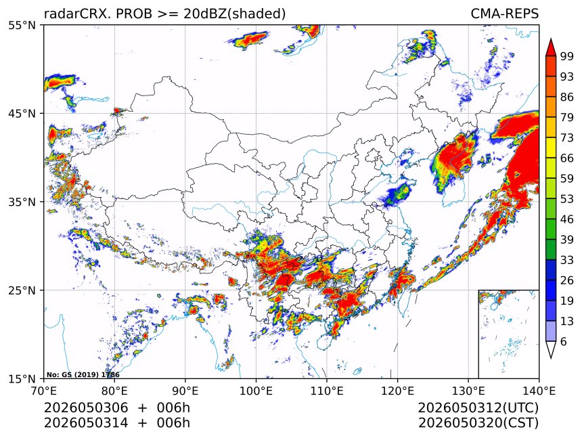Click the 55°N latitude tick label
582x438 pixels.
(21, 25)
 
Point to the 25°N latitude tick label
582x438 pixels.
(21, 290)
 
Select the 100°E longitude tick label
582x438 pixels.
(256, 391)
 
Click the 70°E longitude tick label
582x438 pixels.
(44, 391)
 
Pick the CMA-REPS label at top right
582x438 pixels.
(504, 14)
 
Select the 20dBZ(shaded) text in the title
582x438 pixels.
(235, 14)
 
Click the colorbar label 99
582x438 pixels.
(567, 56)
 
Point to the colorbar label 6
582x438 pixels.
(564, 341)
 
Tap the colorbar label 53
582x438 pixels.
(567, 199)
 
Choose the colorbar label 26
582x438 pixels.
(567, 280)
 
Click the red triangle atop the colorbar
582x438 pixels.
(551, 48)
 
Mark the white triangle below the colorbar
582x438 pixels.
(551, 349)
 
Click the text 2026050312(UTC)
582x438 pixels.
(478, 408)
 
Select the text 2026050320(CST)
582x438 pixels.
(478, 423)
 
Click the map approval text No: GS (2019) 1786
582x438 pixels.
(83, 375)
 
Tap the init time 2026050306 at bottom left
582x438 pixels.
(86, 408)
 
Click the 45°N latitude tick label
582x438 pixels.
(21, 113)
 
